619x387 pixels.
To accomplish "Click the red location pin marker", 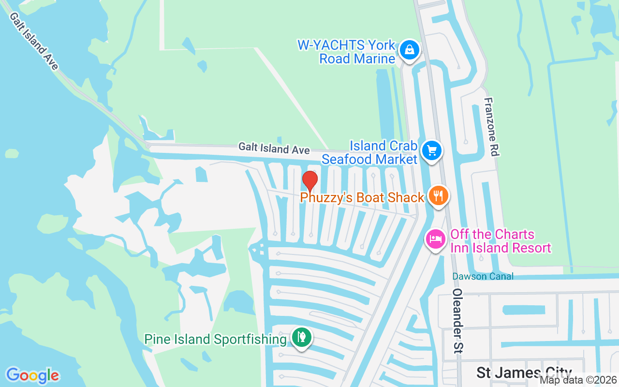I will point(309,181).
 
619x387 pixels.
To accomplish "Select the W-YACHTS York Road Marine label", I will point(346,52).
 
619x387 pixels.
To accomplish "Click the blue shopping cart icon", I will point(432,151).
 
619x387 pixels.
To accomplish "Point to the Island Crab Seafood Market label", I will point(369,152).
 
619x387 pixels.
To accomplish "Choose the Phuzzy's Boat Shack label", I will point(362,197).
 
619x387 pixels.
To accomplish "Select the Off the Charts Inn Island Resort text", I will point(501,241).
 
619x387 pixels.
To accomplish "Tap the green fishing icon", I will point(302,338).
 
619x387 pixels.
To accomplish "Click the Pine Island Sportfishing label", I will point(215,339).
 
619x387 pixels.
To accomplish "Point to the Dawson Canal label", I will point(483,276).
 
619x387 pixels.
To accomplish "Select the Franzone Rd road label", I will point(491,127).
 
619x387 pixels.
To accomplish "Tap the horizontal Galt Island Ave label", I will point(274,149).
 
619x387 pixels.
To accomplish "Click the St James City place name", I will point(524,372).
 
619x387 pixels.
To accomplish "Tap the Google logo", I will point(32,375).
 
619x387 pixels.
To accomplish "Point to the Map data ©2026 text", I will point(578,380).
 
